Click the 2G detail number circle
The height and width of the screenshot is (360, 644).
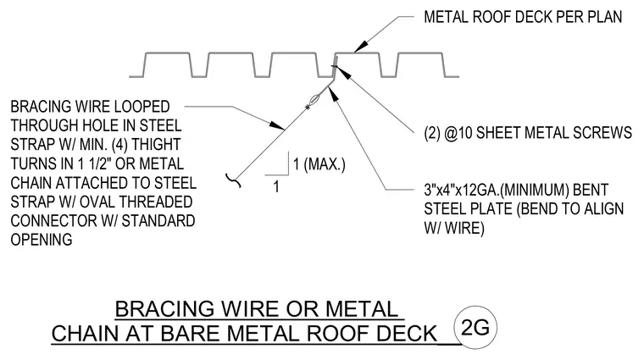[x=475, y=327]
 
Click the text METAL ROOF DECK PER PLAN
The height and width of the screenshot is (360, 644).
[x=523, y=17]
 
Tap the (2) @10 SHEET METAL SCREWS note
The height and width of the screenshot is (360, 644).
[x=528, y=133]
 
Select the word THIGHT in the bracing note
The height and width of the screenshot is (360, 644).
[x=156, y=145]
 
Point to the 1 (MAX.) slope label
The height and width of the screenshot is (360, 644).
[x=319, y=164]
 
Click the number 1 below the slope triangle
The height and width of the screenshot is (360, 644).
[x=276, y=186]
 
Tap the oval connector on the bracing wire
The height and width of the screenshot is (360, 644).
[x=314, y=100]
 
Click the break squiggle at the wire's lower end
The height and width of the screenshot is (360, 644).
[x=233, y=180]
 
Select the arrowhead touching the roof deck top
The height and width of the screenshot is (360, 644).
[x=359, y=47]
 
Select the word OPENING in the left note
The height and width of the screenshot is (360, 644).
[x=42, y=240]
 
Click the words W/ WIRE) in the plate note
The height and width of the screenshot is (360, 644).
[x=454, y=228]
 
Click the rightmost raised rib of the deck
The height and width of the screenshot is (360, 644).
[x=420, y=64]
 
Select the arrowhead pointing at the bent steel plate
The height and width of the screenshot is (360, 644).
[x=335, y=94]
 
